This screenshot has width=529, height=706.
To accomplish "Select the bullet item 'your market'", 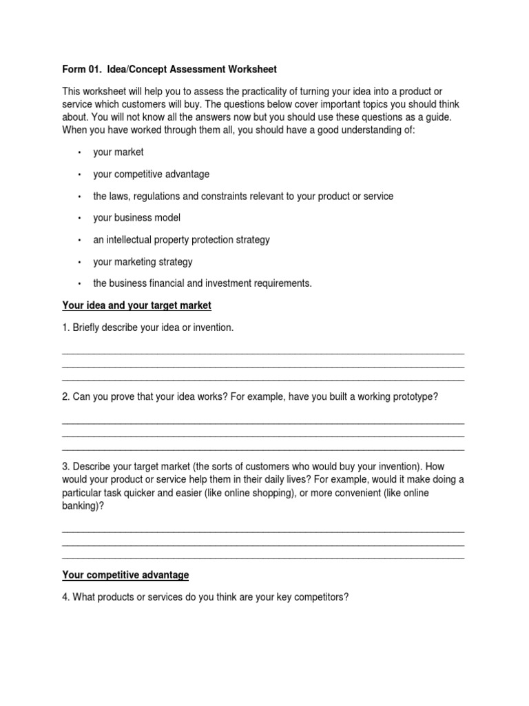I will [x=118, y=152].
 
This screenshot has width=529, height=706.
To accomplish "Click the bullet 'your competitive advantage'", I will [x=151, y=174].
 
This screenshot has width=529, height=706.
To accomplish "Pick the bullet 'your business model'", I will [x=136, y=218].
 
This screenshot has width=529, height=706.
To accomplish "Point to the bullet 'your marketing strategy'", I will [x=143, y=262].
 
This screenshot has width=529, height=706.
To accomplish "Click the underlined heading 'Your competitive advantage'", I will [x=125, y=575].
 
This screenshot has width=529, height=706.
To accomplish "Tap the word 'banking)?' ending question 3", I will [x=83, y=505].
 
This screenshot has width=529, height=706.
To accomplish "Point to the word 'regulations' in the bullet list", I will [x=159, y=196].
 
